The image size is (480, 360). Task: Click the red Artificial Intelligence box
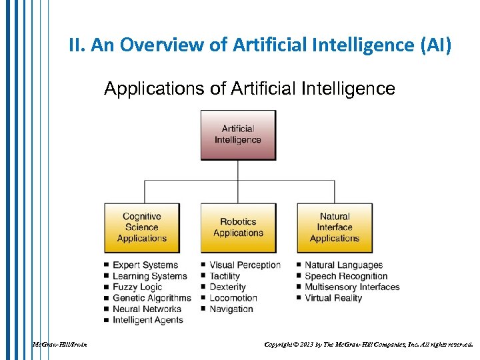click(x=238, y=135)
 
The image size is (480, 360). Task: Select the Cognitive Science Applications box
click(x=141, y=227)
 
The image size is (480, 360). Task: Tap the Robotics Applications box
click(x=238, y=227)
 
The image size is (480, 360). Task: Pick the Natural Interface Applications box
click(x=335, y=227)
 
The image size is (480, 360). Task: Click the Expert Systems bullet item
click(x=145, y=265)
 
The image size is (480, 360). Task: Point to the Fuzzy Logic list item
click(x=137, y=287)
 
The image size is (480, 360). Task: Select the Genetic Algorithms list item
click(x=151, y=298)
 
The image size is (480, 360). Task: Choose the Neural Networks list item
click(x=147, y=309)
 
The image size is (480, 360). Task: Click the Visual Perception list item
click(x=245, y=265)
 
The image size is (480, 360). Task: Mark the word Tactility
click(x=225, y=276)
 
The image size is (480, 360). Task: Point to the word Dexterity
click(x=227, y=287)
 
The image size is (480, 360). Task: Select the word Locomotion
click(x=233, y=298)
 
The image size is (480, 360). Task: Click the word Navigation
click(x=231, y=309)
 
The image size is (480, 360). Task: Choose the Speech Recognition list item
click(x=346, y=276)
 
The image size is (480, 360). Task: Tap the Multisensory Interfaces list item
click(x=352, y=287)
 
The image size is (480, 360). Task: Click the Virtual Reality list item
click(x=333, y=298)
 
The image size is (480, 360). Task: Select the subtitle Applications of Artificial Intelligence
click(x=249, y=89)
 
